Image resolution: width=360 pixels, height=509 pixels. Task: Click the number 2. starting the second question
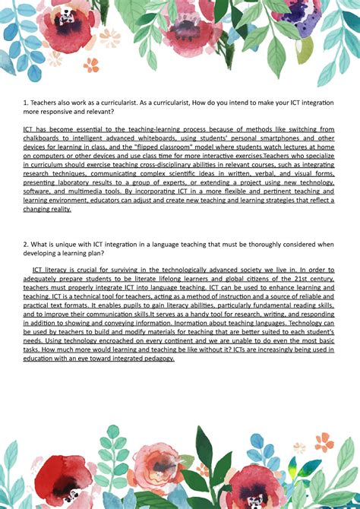(x=27, y=244)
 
